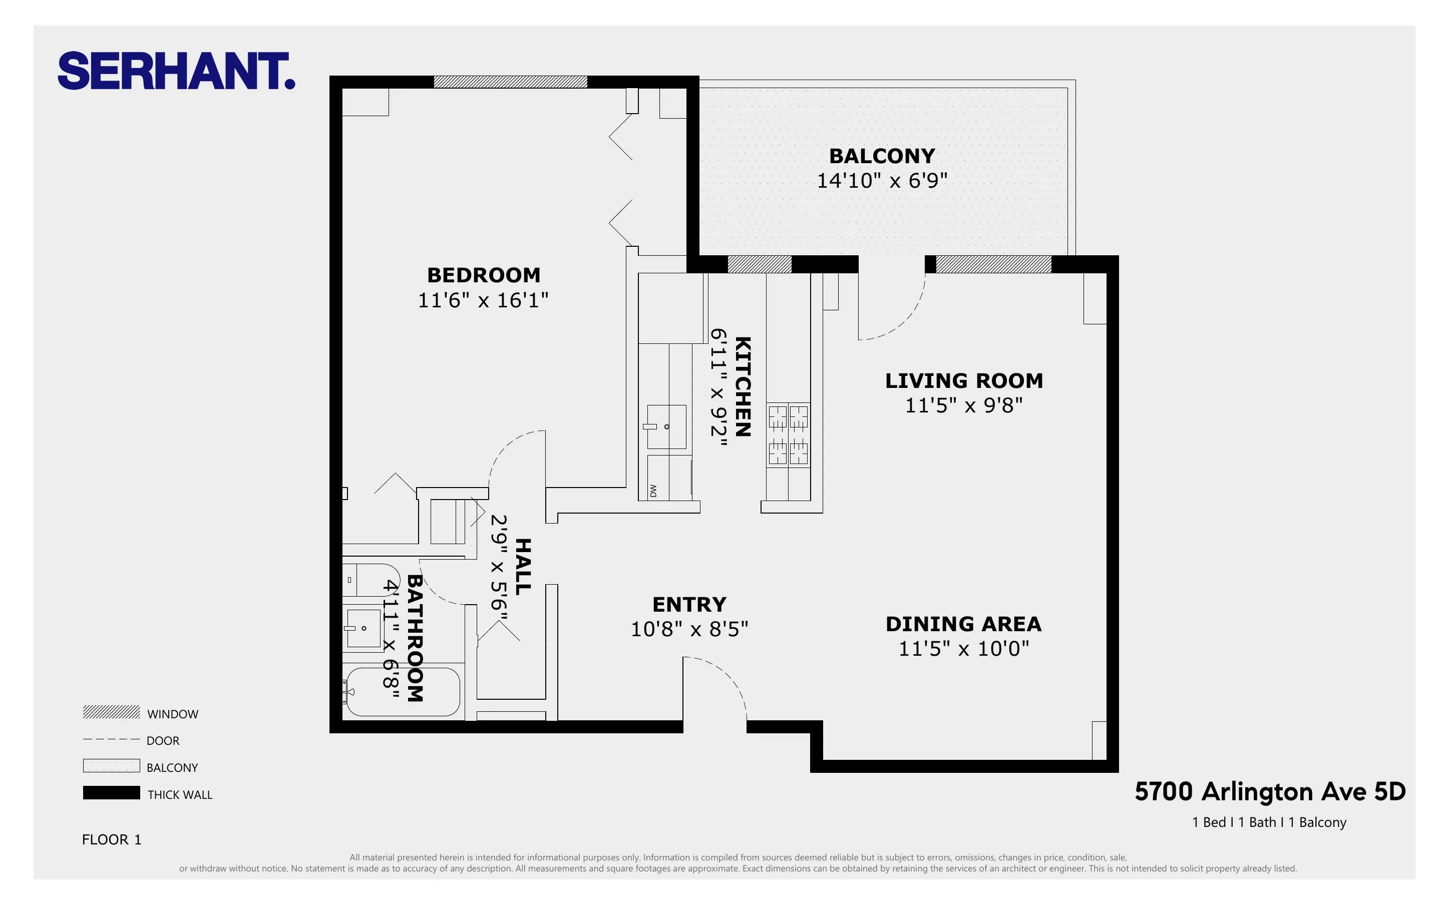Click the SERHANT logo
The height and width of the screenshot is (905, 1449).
point(176,71)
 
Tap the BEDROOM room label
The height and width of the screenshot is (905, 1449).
point(484,275)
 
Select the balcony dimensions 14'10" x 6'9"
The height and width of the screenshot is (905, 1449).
point(882,181)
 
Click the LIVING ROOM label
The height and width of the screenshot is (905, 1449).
point(964,381)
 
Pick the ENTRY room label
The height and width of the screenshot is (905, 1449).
point(689,605)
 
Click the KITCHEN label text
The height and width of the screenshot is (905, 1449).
point(742,386)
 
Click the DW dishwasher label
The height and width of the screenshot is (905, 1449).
point(653,491)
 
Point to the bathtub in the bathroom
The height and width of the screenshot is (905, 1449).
point(403,691)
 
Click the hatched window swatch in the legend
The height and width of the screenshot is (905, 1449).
point(111,712)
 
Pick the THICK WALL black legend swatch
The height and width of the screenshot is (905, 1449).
point(111,792)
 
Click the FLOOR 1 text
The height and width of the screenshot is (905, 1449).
point(112,839)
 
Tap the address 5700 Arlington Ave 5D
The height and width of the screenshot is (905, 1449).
point(1269,792)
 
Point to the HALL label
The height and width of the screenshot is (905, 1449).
point(523,566)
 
